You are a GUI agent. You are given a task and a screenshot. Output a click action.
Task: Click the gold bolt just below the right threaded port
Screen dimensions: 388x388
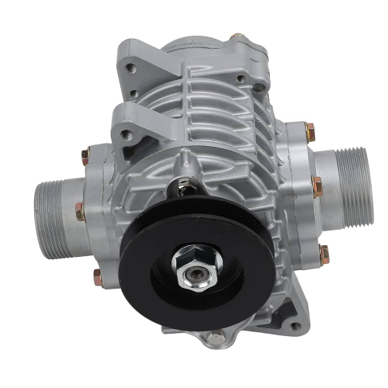(317, 185)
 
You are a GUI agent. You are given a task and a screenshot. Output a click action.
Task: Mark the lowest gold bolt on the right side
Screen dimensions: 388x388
(324, 250)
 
